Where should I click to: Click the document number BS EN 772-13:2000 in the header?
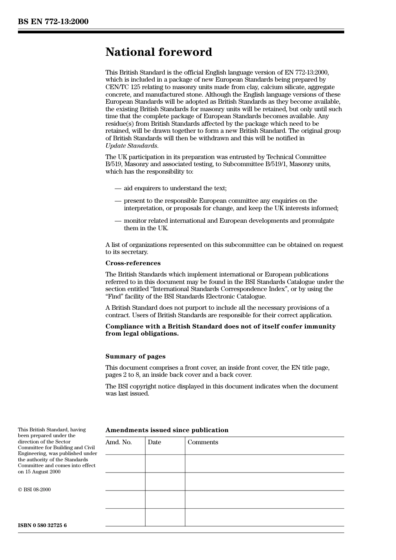point(53,22)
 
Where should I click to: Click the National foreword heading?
point(158,52)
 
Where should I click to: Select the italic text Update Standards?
point(132,146)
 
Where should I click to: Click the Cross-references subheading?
point(133,263)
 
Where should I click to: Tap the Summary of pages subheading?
point(135,356)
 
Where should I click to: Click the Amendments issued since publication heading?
point(167,430)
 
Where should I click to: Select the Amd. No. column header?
point(118,442)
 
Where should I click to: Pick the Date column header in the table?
point(154,442)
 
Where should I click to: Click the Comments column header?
point(203,442)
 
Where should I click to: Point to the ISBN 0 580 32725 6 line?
point(42,525)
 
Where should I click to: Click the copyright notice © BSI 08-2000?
point(34,490)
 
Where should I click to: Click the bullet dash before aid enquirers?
point(118,189)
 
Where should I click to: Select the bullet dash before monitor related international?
point(118,221)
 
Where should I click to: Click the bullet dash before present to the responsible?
point(118,201)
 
